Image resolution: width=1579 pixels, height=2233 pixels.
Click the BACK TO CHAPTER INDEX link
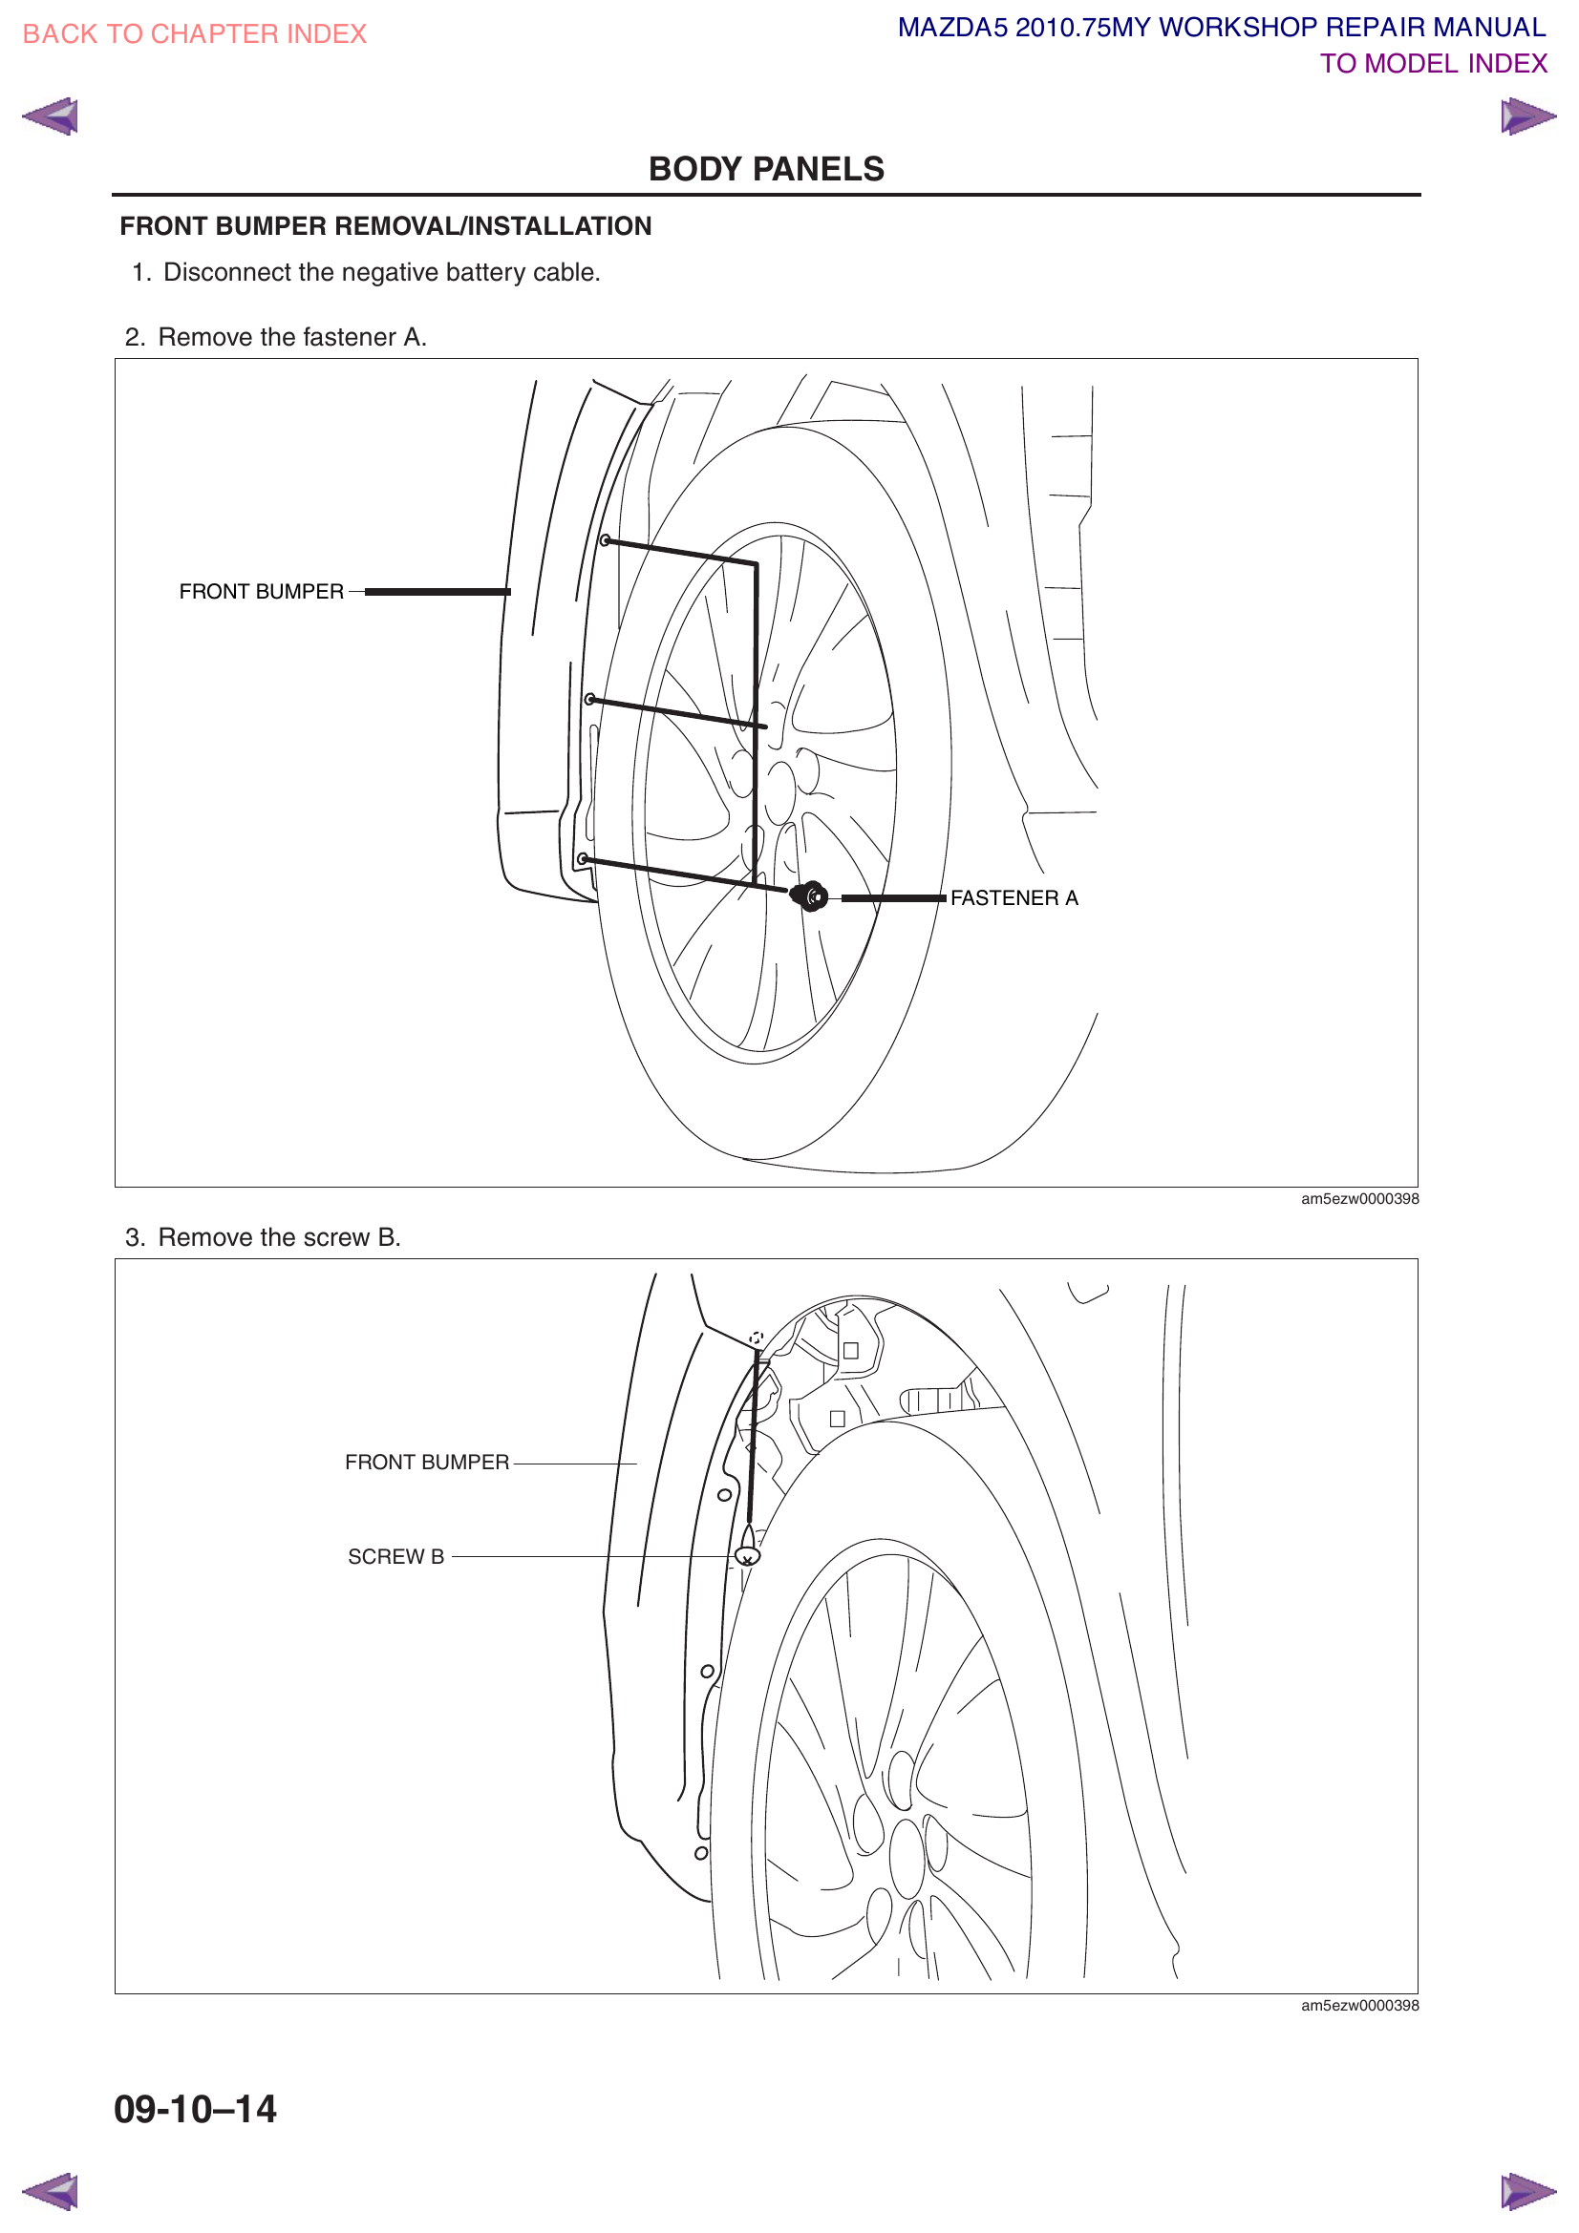[x=194, y=34]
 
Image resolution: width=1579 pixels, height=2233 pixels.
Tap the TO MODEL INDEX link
[x=1432, y=64]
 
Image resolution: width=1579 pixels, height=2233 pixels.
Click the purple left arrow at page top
[x=51, y=116]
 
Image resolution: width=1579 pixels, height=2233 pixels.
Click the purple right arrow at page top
[x=1526, y=116]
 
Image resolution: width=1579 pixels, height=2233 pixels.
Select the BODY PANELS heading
[x=766, y=169]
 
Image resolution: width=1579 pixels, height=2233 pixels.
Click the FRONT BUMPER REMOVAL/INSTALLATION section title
[x=385, y=226]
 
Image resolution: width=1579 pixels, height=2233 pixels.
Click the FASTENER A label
[x=1014, y=898]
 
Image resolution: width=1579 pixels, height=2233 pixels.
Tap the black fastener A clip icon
[x=809, y=895]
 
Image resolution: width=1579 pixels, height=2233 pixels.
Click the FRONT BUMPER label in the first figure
[x=261, y=591]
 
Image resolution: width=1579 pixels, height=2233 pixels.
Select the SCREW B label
[x=396, y=1557]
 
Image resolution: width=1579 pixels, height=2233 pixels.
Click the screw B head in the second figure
[x=747, y=1557]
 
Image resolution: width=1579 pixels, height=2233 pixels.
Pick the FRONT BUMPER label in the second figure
[x=426, y=1463]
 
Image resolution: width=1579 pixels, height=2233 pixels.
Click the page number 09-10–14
[x=196, y=2110]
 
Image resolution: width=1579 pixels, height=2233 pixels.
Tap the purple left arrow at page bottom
[x=51, y=2191]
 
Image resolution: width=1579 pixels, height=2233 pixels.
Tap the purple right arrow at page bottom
[x=1526, y=2191]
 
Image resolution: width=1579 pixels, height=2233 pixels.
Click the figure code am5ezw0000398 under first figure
[x=1359, y=1199]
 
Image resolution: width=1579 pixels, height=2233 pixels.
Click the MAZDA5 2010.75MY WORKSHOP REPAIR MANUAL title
[x=1221, y=28]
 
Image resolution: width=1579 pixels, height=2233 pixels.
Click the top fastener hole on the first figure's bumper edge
[x=605, y=540]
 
